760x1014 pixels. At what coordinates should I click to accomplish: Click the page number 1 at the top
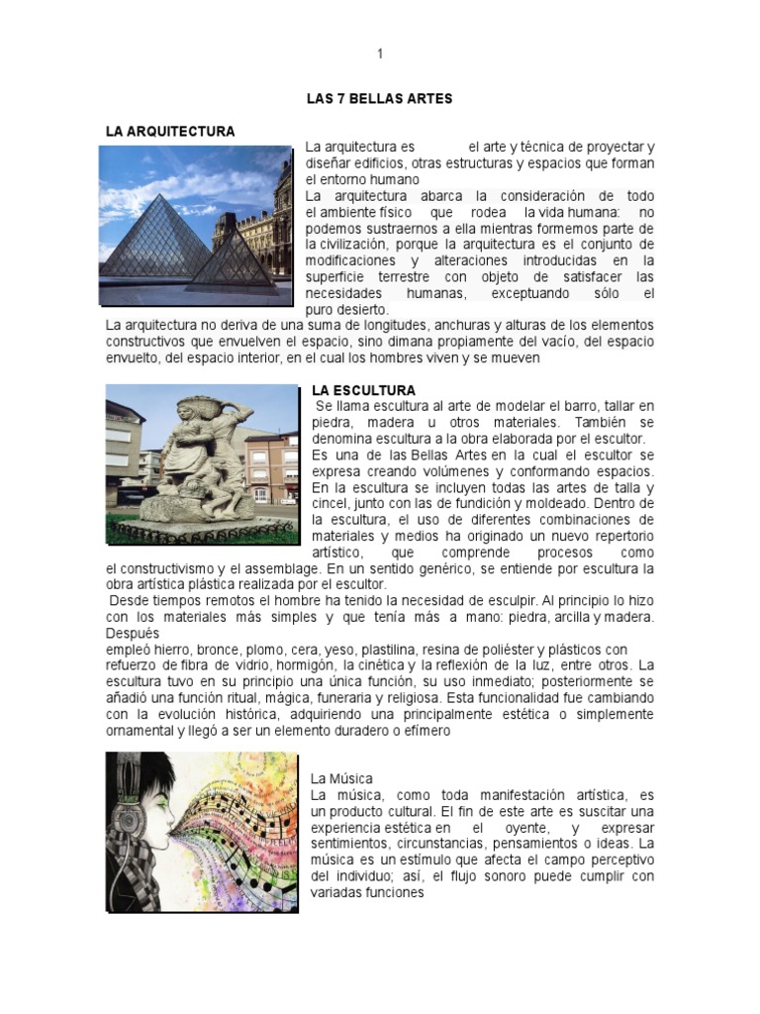[x=379, y=53]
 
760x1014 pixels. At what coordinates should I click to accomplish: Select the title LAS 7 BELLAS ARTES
[x=379, y=99]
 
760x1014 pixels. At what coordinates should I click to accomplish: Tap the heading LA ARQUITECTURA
[x=170, y=131]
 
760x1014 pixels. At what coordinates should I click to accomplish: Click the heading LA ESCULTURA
[x=363, y=390]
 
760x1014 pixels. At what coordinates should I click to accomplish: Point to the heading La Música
[x=341, y=779]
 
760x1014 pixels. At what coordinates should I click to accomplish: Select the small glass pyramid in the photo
[x=234, y=259]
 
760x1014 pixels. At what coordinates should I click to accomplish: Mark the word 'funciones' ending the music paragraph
[x=395, y=891]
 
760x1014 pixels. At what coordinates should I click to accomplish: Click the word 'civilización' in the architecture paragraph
[x=349, y=245]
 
